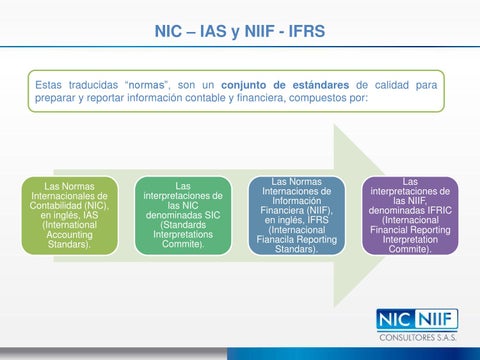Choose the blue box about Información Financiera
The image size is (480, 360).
(x=296, y=215)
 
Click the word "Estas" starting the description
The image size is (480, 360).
(x=51, y=85)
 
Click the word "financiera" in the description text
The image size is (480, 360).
(x=305, y=99)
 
